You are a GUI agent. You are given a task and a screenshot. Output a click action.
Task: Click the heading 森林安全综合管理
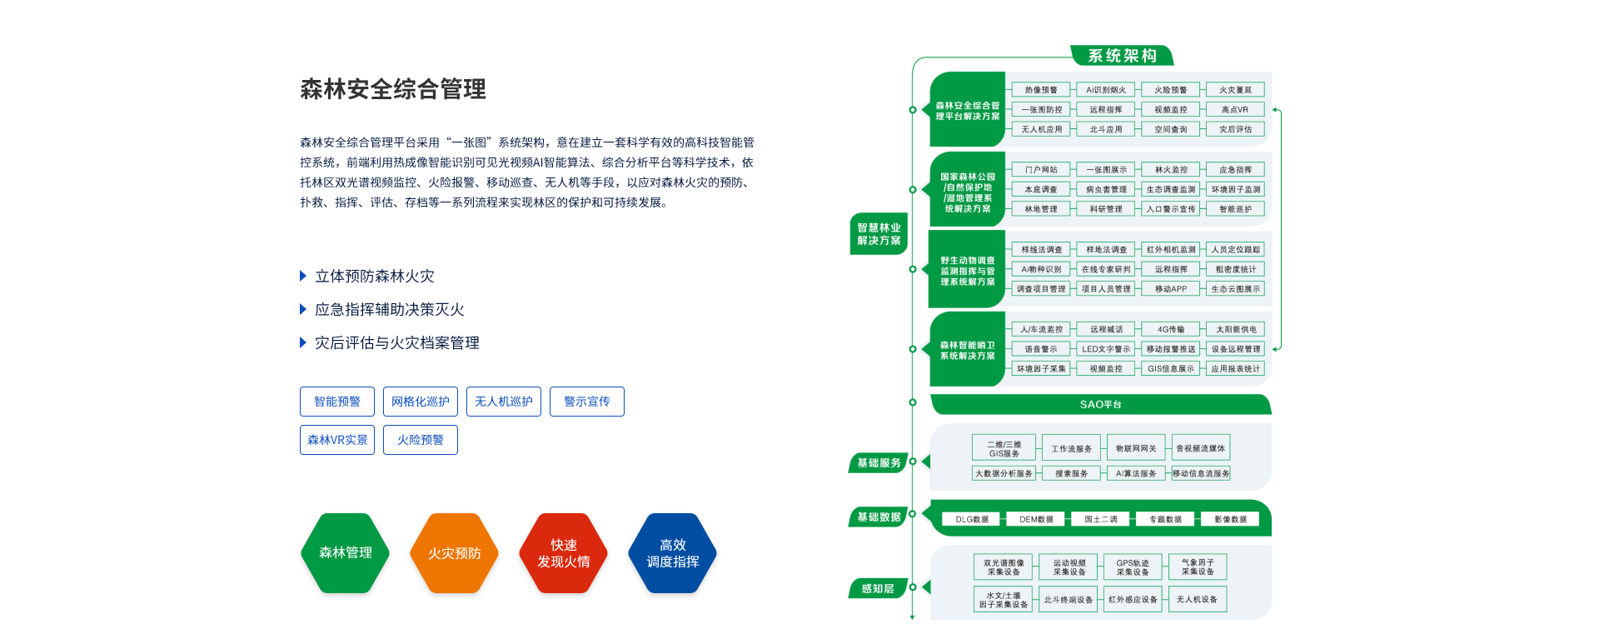pos(393,89)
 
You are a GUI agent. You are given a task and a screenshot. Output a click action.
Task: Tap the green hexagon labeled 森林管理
pos(345,553)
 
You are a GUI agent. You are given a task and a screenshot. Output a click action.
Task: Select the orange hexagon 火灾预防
pos(454,553)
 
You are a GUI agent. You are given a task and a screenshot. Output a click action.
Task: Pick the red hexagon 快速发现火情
pos(563,553)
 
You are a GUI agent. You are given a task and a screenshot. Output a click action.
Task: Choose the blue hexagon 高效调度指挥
pos(672,553)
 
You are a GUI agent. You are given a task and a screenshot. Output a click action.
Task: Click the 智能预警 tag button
pos(337,402)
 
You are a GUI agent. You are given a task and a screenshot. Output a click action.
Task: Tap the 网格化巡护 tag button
pos(421,402)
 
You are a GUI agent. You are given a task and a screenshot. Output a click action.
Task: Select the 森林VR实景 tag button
pos(337,440)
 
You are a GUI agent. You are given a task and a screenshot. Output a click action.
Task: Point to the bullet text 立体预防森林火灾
pos(375,276)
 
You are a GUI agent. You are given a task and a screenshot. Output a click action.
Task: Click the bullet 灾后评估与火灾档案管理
pos(396,342)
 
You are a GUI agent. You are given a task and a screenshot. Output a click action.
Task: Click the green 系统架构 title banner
pos(1122,56)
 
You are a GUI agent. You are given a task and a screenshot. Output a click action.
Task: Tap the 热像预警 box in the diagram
pos(1041,90)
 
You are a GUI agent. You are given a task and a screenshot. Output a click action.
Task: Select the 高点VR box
pos(1235,109)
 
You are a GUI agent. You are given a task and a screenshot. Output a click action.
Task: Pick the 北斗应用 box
pos(1106,129)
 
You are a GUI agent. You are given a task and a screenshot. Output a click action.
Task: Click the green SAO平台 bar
pos(1100,404)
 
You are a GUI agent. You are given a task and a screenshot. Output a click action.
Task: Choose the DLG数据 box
pos(972,519)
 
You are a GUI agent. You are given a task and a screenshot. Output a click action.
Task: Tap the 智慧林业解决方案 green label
pos(879,234)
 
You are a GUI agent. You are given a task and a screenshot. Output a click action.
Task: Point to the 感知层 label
pos(878,589)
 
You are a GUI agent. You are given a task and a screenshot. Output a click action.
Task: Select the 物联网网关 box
pos(1136,448)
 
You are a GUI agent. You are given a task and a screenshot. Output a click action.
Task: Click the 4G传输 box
pos(1171,329)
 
